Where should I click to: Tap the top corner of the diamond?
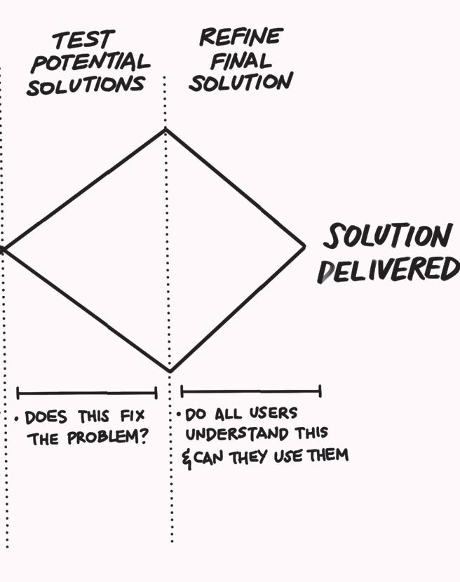coord(165,129)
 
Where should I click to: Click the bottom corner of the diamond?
coord(170,371)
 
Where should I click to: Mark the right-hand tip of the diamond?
coord(305,246)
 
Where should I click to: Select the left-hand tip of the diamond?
coord(4,248)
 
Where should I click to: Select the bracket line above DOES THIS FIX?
coord(86,393)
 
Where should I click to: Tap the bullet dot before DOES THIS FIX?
coord(17,421)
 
